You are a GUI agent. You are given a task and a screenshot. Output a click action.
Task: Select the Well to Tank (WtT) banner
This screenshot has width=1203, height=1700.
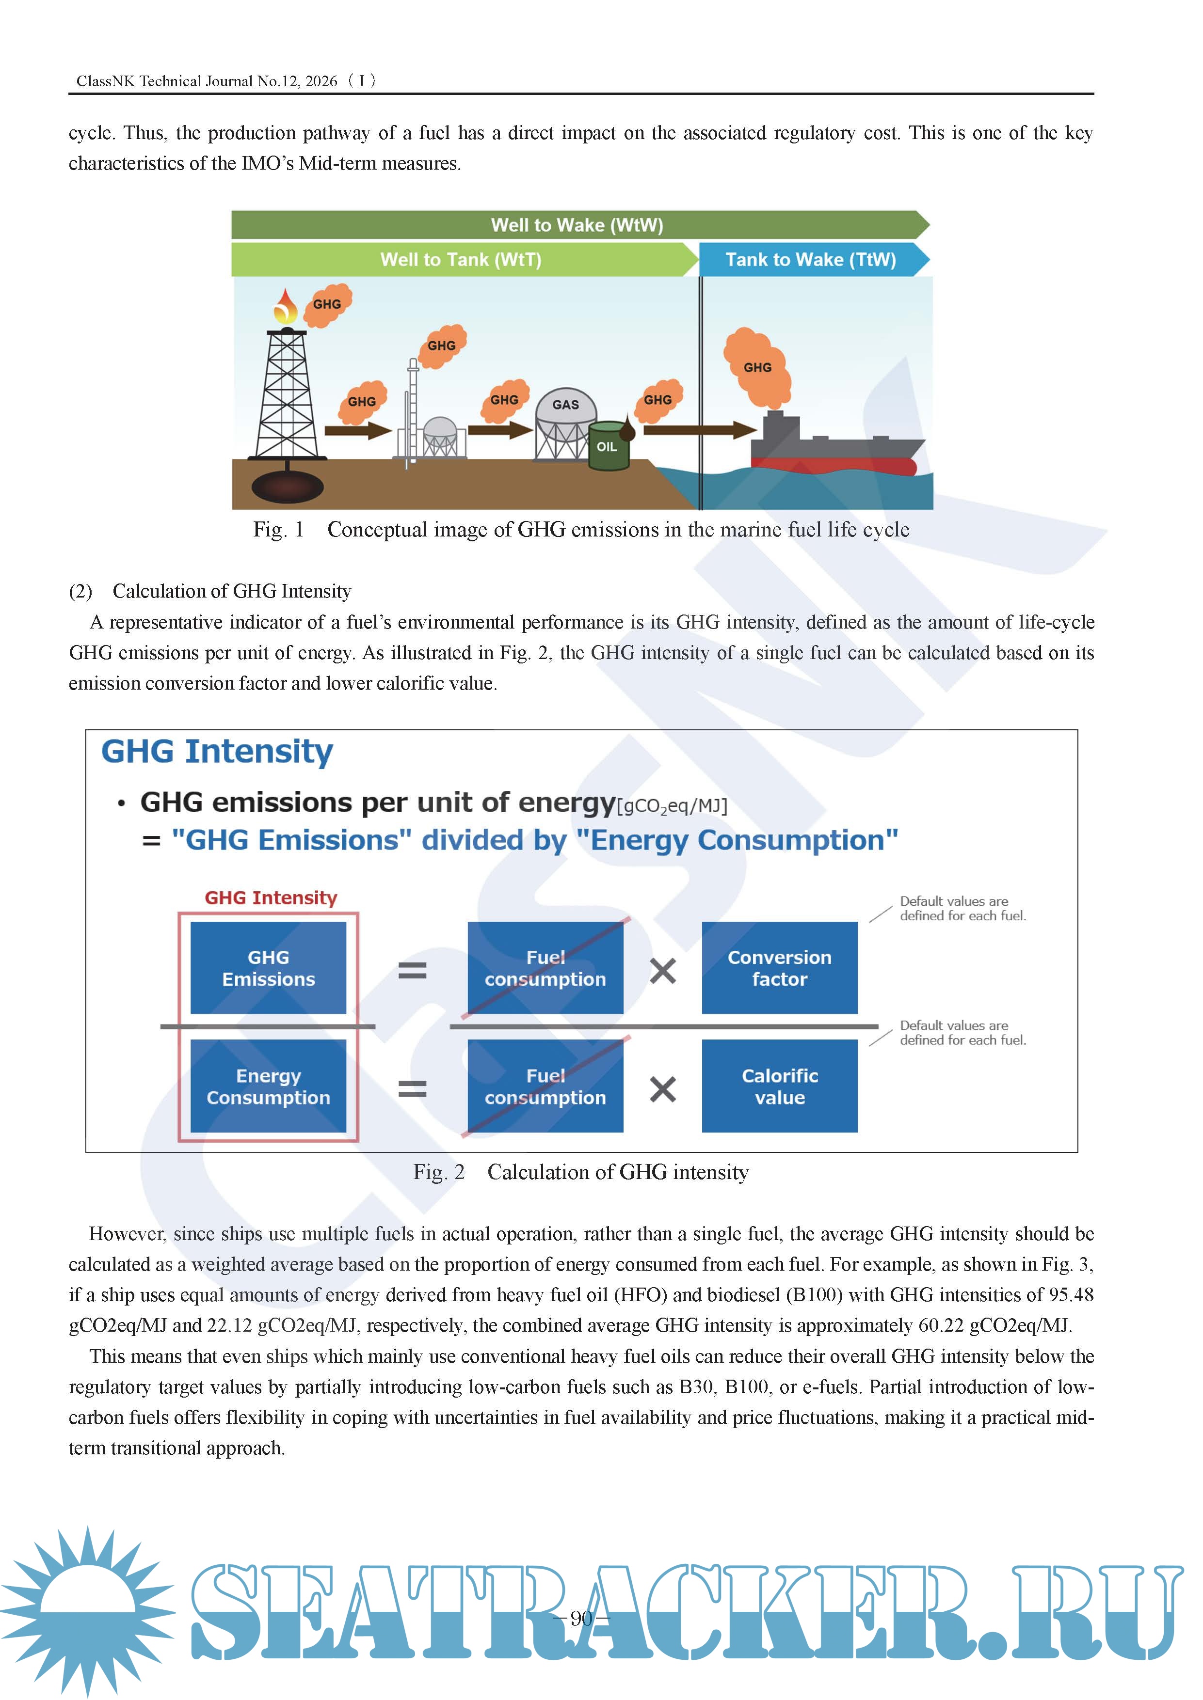461,260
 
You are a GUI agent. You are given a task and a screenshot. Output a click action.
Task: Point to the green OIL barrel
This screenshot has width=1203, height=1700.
608,446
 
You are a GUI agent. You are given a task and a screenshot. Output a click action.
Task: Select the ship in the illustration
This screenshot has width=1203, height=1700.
834,448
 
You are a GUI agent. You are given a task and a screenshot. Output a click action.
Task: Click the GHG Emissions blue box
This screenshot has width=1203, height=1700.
268,968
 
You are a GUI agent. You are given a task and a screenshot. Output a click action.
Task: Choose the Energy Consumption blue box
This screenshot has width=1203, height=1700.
268,1086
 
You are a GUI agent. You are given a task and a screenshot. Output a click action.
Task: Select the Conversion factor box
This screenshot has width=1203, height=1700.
779,968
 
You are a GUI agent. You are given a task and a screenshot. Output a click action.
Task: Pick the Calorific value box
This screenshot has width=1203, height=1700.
779,1086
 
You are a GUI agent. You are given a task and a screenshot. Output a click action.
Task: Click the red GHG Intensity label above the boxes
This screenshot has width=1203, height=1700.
271,898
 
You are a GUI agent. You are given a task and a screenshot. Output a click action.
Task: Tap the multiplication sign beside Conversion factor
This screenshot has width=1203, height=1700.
662,970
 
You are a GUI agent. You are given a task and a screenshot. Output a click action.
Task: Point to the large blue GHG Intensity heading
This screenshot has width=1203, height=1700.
217,752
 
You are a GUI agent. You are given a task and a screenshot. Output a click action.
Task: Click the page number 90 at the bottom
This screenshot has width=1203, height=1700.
581,1618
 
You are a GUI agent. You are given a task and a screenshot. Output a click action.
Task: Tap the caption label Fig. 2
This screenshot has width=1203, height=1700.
438,1172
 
